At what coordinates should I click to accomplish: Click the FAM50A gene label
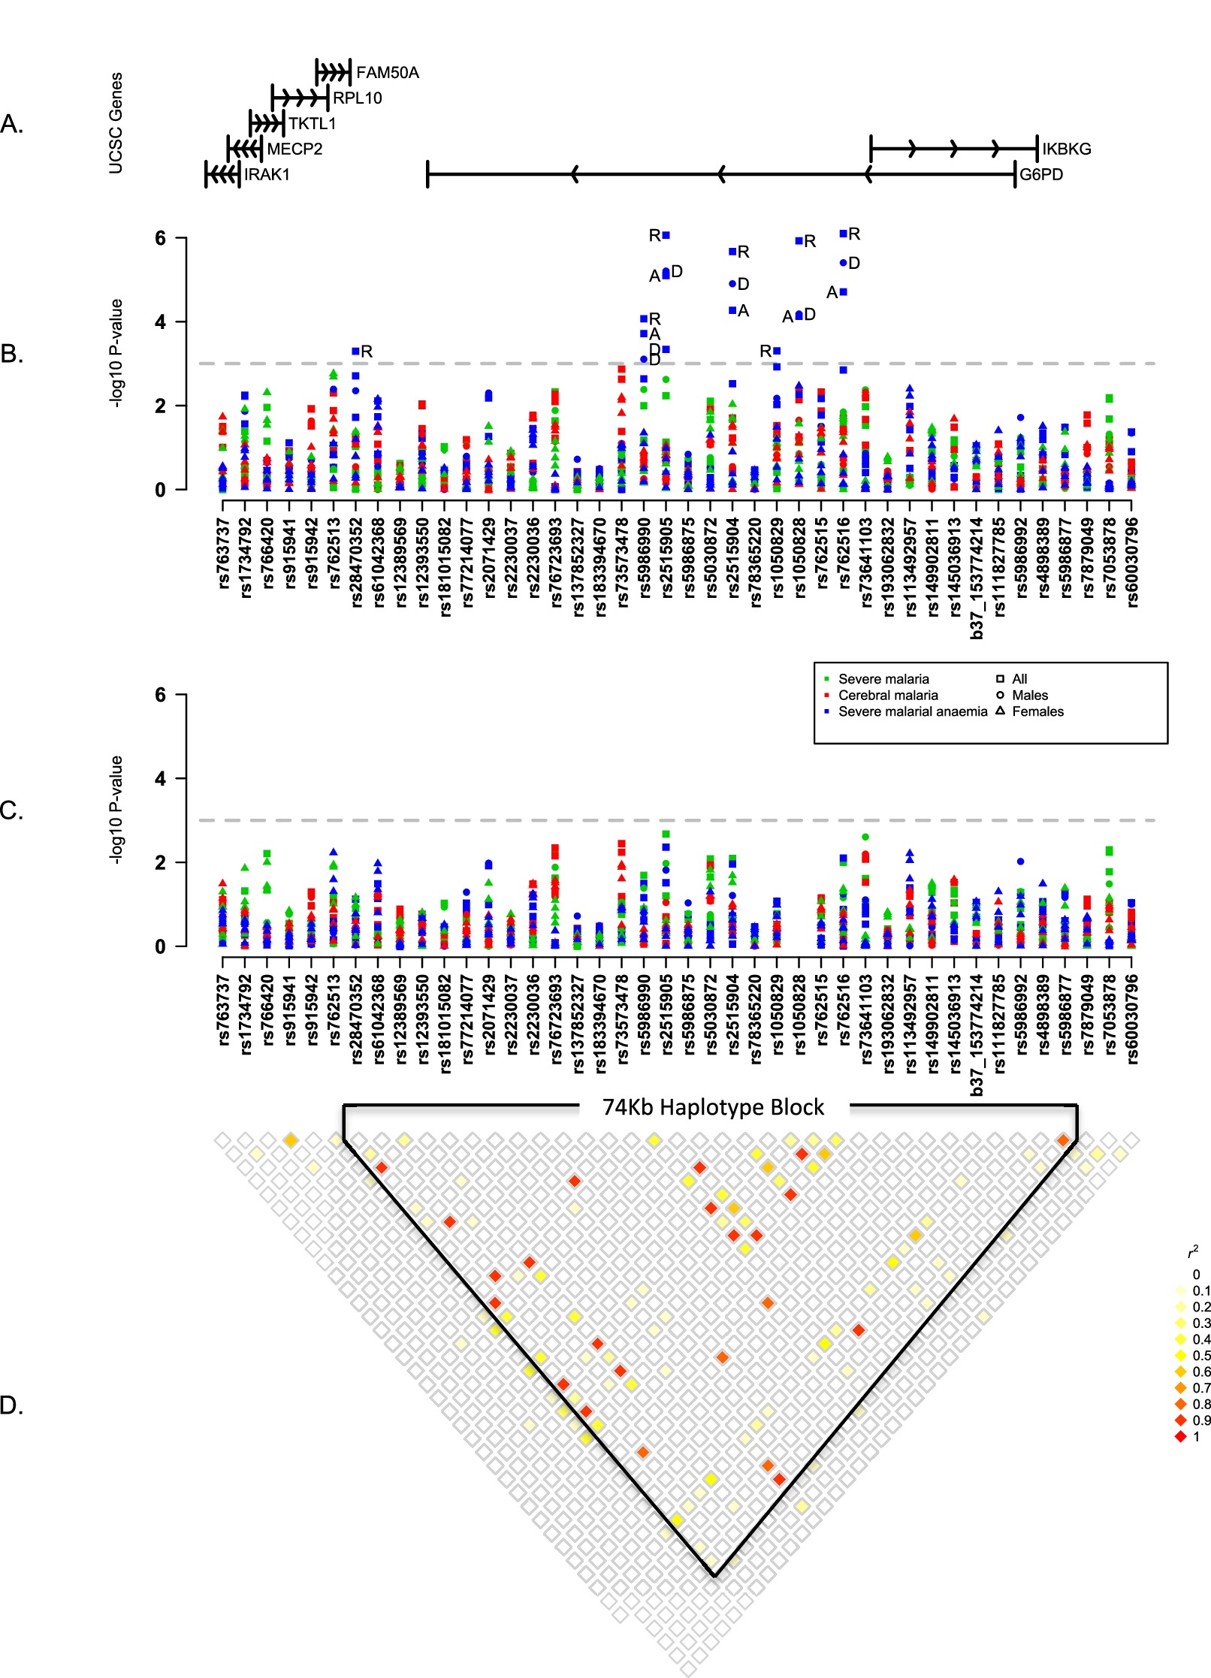[x=387, y=73]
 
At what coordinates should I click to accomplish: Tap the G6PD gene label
[x=1040, y=174]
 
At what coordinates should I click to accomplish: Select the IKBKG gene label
[x=1066, y=149]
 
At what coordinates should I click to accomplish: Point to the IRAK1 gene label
[x=267, y=174]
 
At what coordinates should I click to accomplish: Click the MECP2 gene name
[x=294, y=149]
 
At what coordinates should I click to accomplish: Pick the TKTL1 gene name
[x=312, y=123]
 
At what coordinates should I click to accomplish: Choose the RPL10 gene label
[x=357, y=98]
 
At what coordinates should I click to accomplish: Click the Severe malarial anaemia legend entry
[x=912, y=711]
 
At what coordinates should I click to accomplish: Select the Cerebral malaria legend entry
[x=887, y=696]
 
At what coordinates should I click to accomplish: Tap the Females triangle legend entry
[x=1037, y=711]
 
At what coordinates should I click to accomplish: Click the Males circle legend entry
[x=1029, y=696]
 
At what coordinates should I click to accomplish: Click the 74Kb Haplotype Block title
[x=713, y=1108]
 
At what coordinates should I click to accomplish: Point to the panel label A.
[x=12, y=124]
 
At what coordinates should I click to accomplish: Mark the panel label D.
[x=12, y=1405]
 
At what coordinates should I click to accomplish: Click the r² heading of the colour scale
[x=1193, y=1252]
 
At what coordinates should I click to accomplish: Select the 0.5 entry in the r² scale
[x=1201, y=1356]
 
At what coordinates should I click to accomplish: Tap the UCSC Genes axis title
[x=116, y=123]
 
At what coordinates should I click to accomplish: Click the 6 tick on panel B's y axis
[x=160, y=238]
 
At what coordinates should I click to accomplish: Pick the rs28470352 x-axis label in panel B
[x=356, y=561]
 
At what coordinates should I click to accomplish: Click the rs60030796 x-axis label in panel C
[x=1132, y=1019]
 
